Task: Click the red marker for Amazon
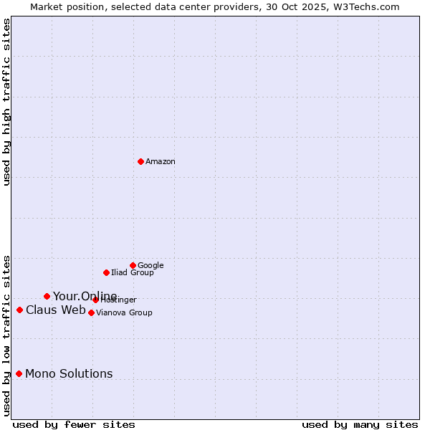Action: click(x=140, y=161)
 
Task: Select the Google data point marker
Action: click(x=133, y=265)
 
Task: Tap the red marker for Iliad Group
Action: click(x=106, y=272)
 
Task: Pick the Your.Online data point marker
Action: click(x=47, y=296)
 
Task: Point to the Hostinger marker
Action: click(x=95, y=300)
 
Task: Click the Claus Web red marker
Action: click(x=19, y=310)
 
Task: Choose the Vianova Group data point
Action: click(x=91, y=312)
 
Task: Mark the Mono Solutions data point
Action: click(x=19, y=373)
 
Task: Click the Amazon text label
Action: click(x=161, y=162)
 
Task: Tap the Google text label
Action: click(x=150, y=265)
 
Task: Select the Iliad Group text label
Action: click(x=133, y=273)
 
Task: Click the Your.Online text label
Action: click(x=85, y=297)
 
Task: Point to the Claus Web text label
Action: click(x=55, y=310)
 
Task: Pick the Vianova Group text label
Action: click(x=124, y=313)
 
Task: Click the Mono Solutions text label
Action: click(x=69, y=374)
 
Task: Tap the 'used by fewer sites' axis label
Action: click(x=74, y=425)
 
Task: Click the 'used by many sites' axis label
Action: click(x=360, y=425)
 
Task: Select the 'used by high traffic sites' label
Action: click(x=6, y=102)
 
